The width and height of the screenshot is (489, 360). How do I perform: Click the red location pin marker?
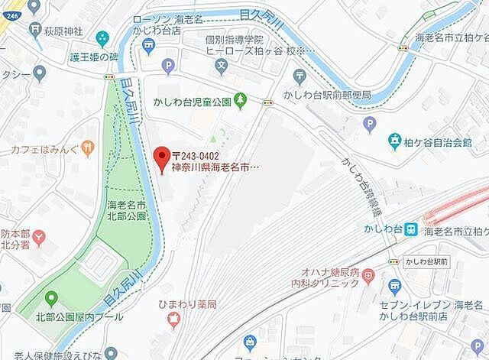(x=161, y=157)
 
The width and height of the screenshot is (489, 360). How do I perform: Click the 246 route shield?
(x=11, y=5)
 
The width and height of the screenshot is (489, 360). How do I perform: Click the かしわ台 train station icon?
(x=410, y=228)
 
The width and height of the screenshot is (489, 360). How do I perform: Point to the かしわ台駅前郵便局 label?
(x=326, y=94)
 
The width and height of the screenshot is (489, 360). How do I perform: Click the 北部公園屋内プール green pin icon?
(x=51, y=297)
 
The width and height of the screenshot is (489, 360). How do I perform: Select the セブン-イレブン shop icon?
(x=395, y=286)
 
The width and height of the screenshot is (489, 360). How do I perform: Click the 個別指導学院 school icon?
(x=220, y=66)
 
